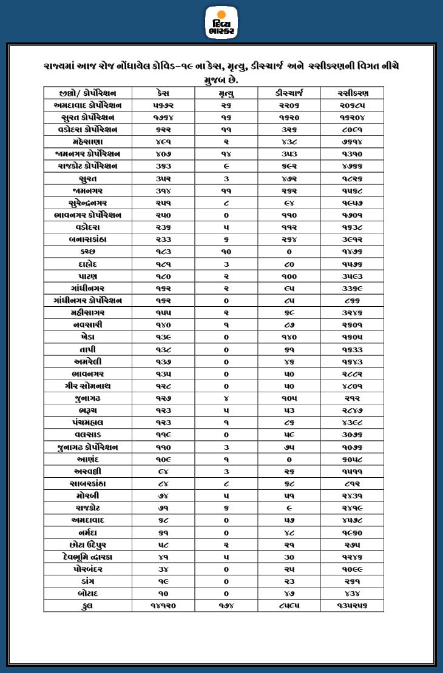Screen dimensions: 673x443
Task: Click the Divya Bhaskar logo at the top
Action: coord(221,22)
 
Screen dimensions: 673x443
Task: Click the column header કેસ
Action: coord(163,93)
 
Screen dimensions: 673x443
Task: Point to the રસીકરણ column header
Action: coord(353,93)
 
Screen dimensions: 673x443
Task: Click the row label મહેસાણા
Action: coord(87,141)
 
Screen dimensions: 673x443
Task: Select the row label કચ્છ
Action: coord(87,251)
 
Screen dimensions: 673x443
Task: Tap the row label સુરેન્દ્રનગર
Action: coord(87,203)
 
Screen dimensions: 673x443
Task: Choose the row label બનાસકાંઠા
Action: coord(87,239)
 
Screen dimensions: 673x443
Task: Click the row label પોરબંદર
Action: coord(87,569)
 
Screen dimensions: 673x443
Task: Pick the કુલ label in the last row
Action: coord(87,606)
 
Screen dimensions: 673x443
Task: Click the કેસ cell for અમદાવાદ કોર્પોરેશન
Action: coord(163,105)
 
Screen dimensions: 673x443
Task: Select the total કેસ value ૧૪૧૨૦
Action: coord(163,606)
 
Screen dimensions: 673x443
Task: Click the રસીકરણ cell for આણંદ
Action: coord(353,459)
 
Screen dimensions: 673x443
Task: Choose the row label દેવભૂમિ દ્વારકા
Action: coord(87,557)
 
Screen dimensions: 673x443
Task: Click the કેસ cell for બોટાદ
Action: coord(163,593)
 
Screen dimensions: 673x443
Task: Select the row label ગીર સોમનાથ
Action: coord(87,386)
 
